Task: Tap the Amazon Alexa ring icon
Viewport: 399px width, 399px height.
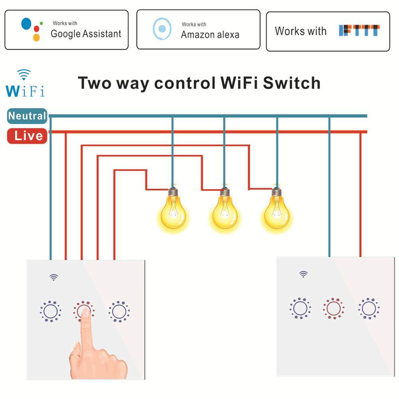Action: tap(162, 29)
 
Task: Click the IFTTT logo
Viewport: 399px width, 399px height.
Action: tap(359, 31)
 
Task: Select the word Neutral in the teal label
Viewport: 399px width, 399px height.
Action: tap(27, 116)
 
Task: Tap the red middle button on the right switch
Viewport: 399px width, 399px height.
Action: tap(334, 308)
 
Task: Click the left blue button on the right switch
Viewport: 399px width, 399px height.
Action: tap(300, 308)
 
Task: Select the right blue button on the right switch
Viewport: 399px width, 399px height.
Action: tap(368, 308)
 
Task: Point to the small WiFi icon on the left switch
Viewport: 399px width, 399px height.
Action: tap(54, 277)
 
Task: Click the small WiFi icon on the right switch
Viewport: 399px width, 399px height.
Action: tap(304, 274)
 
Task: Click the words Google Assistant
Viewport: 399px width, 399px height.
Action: tap(86, 34)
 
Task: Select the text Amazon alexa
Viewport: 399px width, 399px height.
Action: tap(210, 35)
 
